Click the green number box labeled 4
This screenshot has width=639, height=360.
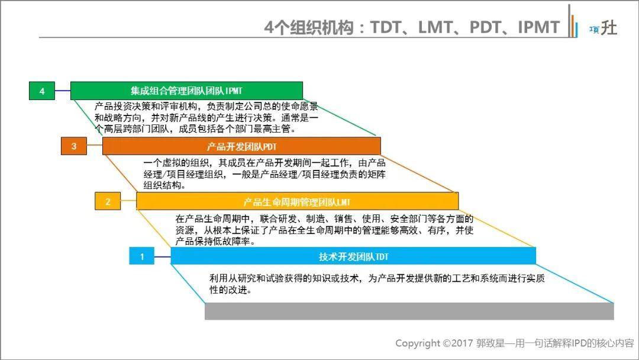click(x=41, y=91)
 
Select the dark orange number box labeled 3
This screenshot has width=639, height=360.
click(x=73, y=146)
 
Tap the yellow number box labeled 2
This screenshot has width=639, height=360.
click(x=108, y=201)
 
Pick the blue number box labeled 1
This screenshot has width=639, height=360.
click(x=141, y=256)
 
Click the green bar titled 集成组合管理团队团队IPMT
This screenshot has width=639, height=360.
click(x=186, y=91)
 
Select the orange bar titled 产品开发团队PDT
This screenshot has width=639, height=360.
click(x=241, y=146)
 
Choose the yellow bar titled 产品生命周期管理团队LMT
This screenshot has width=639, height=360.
click(x=296, y=201)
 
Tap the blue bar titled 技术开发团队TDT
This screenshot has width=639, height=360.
click(x=353, y=256)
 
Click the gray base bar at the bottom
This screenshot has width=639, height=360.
click(x=409, y=311)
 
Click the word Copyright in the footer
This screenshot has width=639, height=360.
click(x=417, y=343)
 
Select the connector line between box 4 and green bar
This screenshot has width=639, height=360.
click(x=62, y=91)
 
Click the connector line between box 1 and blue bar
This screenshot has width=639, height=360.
click(x=162, y=256)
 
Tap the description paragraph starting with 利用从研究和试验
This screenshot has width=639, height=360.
click(x=377, y=284)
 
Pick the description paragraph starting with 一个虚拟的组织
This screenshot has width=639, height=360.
click(x=264, y=173)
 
